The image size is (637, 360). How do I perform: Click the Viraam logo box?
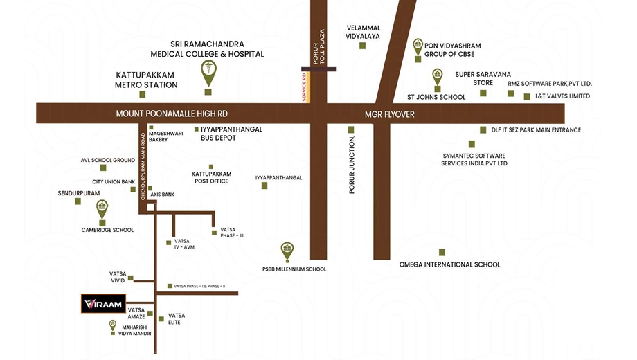tap(103, 303)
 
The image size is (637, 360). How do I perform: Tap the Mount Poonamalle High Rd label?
tap(172, 114)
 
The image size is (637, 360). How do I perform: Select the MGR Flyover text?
tap(390, 114)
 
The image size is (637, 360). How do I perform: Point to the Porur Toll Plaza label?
tap(319, 46)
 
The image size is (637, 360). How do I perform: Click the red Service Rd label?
tap(304, 87)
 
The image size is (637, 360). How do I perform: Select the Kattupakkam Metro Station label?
tap(146, 80)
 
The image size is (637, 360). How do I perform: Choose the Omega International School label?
tap(450, 264)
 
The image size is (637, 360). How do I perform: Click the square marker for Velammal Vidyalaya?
tap(362, 46)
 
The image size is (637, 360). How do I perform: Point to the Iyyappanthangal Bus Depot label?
tap(231, 134)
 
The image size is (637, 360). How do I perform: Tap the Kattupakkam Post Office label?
tap(212, 177)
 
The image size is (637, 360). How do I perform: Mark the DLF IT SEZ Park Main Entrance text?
tap(536, 130)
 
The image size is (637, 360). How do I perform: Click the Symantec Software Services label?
tap(474, 160)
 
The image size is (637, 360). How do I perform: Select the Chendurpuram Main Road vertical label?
tap(143, 167)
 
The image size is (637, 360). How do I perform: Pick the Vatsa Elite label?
tap(177, 318)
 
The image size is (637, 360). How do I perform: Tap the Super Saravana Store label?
tap(483, 78)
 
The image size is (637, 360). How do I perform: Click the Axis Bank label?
tap(163, 195)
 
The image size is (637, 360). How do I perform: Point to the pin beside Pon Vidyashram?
tap(418, 47)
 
